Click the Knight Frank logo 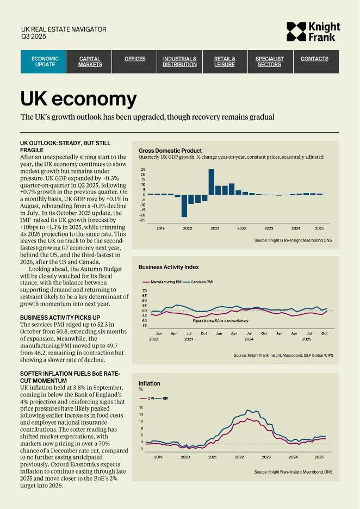[313, 32]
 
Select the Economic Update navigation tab [45, 61]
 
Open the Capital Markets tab [90, 61]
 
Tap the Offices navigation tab [135, 59]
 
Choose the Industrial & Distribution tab [179, 61]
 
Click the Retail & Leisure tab [225, 61]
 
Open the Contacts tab [314, 59]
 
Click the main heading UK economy [78, 99]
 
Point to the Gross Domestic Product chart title [170, 151]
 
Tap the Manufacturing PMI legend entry [162, 282]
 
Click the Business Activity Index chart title [169, 267]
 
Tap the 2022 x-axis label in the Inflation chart [239, 457]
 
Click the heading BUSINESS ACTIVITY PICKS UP [60, 317]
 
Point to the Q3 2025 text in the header [33, 36]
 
